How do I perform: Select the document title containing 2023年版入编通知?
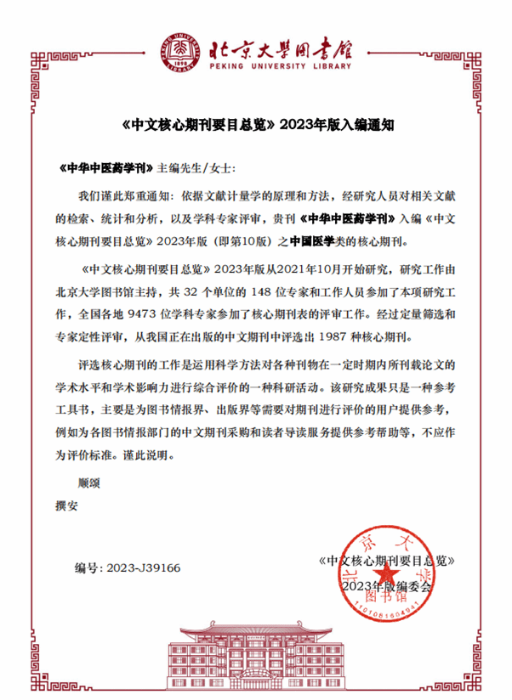coord(255,124)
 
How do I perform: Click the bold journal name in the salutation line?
coord(105,169)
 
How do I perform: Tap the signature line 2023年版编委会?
coord(388,586)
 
